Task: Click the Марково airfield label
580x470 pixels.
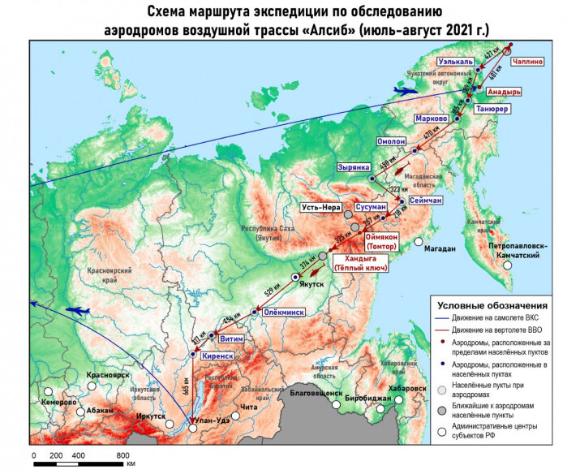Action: click(431, 119)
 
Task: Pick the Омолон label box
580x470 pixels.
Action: click(390, 141)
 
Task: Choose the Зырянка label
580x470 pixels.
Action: click(353, 167)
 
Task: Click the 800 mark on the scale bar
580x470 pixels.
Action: click(123, 455)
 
